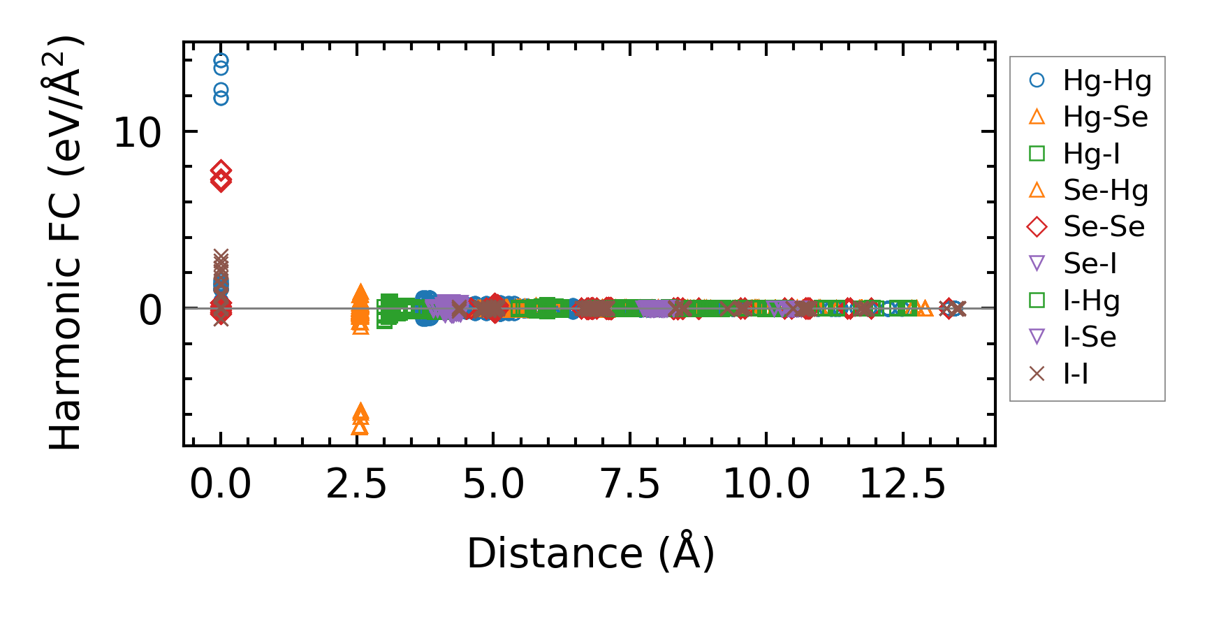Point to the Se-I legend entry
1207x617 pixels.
point(1090,263)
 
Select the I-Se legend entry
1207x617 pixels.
point(1090,337)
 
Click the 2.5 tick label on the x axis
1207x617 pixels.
point(356,484)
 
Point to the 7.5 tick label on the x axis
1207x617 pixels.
point(630,484)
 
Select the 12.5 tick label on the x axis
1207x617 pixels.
point(902,484)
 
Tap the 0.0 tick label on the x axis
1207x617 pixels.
point(220,484)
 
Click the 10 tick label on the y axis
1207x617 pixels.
point(138,132)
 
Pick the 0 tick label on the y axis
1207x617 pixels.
point(150,310)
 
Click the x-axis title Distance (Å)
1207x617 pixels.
point(590,553)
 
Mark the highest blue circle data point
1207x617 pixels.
point(221,61)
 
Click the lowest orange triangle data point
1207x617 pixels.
point(360,426)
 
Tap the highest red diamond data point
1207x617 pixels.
point(221,170)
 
